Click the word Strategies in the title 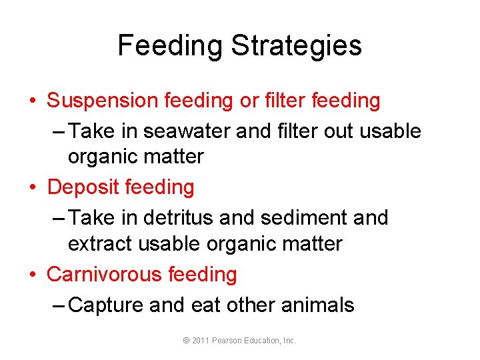pyautogui.click(x=297, y=46)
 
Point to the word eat pyautogui.click(x=205, y=305)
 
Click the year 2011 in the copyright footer pyautogui.click(x=201, y=341)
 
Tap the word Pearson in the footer pyautogui.click(x=229, y=341)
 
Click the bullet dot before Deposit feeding pyautogui.click(x=33, y=188)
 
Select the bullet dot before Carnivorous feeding pyautogui.click(x=33, y=275)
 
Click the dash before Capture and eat pyautogui.click(x=58, y=305)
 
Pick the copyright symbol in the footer pyautogui.click(x=186, y=341)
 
